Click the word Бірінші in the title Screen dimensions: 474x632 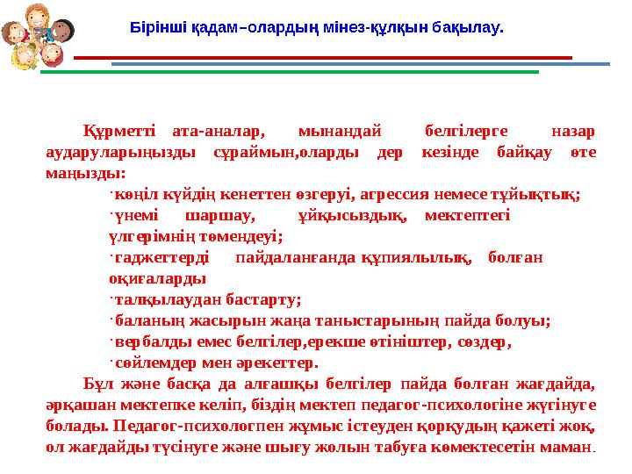(154, 27)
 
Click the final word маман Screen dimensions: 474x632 (571, 447)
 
